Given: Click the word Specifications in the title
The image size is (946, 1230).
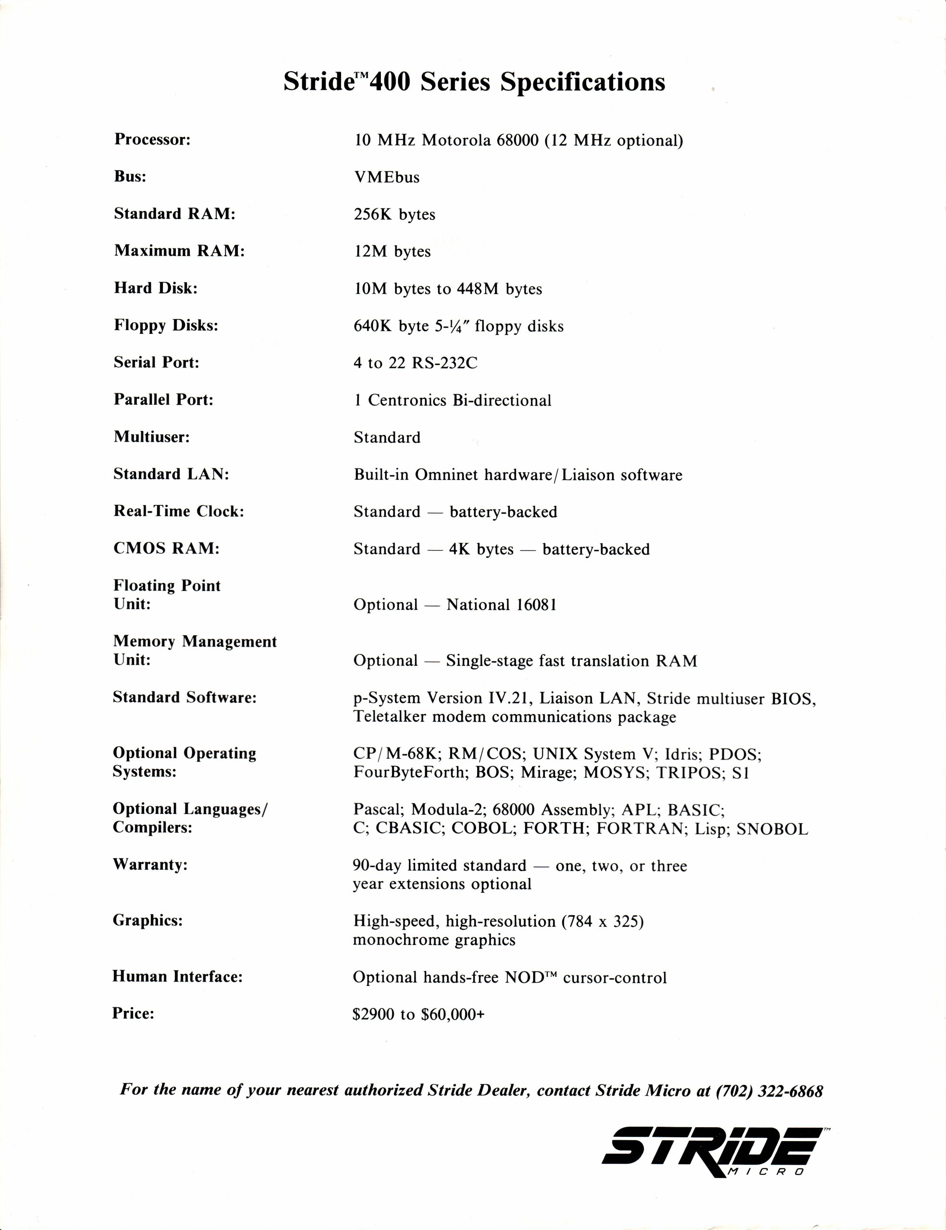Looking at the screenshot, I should click(x=583, y=82).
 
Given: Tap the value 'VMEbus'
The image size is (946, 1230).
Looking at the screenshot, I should click(x=387, y=177).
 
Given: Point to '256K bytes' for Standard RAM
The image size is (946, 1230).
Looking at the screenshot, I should click(x=394, y=215).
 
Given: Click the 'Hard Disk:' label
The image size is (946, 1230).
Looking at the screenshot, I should click(x=155, y=288).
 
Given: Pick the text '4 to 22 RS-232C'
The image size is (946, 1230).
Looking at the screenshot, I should click(x=415, y=363).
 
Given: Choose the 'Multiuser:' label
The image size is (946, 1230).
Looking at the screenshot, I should click(x=151, y=437).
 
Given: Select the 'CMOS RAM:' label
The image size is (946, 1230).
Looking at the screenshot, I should click(x=166, y=549).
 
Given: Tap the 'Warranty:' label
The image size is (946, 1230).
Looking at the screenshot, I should click(x=150, y=864).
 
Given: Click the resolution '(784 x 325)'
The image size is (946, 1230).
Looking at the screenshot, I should click(x=602, y=922).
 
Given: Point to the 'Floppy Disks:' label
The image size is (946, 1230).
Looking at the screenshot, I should click(x=166, y=326).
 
